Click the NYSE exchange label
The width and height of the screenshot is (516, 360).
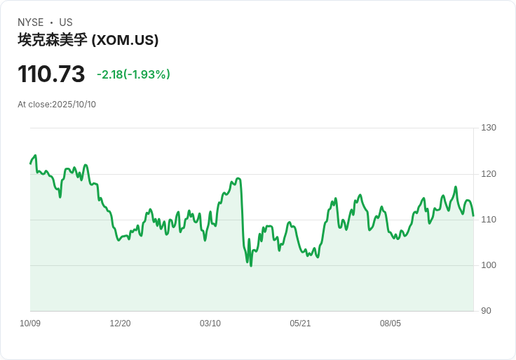pos(30,22)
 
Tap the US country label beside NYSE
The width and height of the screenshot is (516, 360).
pos(66,22)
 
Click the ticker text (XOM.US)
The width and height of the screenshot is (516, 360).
pos(125,41)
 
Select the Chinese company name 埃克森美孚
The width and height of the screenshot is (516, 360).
pos(53,41)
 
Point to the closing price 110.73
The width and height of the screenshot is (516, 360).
pos(51,74)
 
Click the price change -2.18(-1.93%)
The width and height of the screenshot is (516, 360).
pos(133,74)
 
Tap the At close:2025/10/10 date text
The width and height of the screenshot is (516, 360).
pos(57,105)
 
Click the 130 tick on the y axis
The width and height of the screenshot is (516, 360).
pos(489,128)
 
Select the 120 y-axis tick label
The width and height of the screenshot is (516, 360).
pos(489,174)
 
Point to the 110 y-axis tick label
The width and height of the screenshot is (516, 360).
pos(489,220)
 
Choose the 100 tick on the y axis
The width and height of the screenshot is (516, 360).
pos(489,265)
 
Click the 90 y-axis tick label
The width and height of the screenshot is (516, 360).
pos(486,311)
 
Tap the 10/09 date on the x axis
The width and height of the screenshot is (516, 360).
pos(30,324)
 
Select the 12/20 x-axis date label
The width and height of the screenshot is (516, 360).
pos(120,324)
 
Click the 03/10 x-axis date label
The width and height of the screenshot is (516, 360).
pos(210,324)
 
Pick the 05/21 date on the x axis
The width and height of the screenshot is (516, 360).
pos(300,324)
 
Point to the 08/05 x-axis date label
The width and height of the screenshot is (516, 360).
pos(391,324)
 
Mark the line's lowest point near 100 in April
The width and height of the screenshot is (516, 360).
pos(251,265)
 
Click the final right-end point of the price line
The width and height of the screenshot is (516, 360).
pos(473,215)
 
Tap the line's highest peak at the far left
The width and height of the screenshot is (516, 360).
pos(35,156)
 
